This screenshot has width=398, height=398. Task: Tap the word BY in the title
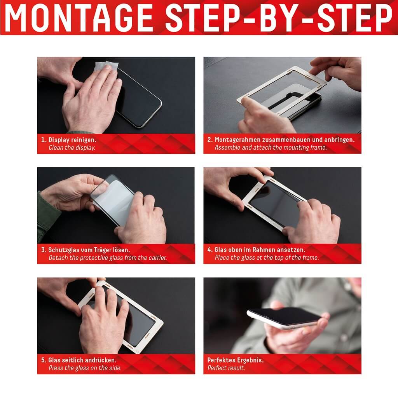[281, 18]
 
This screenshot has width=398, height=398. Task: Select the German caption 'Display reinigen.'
[72, 140]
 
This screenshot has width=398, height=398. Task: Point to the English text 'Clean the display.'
[72, 148]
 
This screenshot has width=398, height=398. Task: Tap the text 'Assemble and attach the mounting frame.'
[271, 147]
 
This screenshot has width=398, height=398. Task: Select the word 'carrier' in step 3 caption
[157, 258]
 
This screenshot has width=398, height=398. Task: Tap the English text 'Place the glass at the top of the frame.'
[267, 258]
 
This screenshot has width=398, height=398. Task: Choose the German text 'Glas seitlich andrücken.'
[82, 360]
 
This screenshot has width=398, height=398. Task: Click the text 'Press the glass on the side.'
[85, 368]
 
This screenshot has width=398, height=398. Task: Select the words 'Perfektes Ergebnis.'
[235, 360]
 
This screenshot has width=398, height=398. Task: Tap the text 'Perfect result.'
[226, 368]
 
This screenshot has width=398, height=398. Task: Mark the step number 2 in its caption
[209, 140]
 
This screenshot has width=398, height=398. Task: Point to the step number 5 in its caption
[43, 360]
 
